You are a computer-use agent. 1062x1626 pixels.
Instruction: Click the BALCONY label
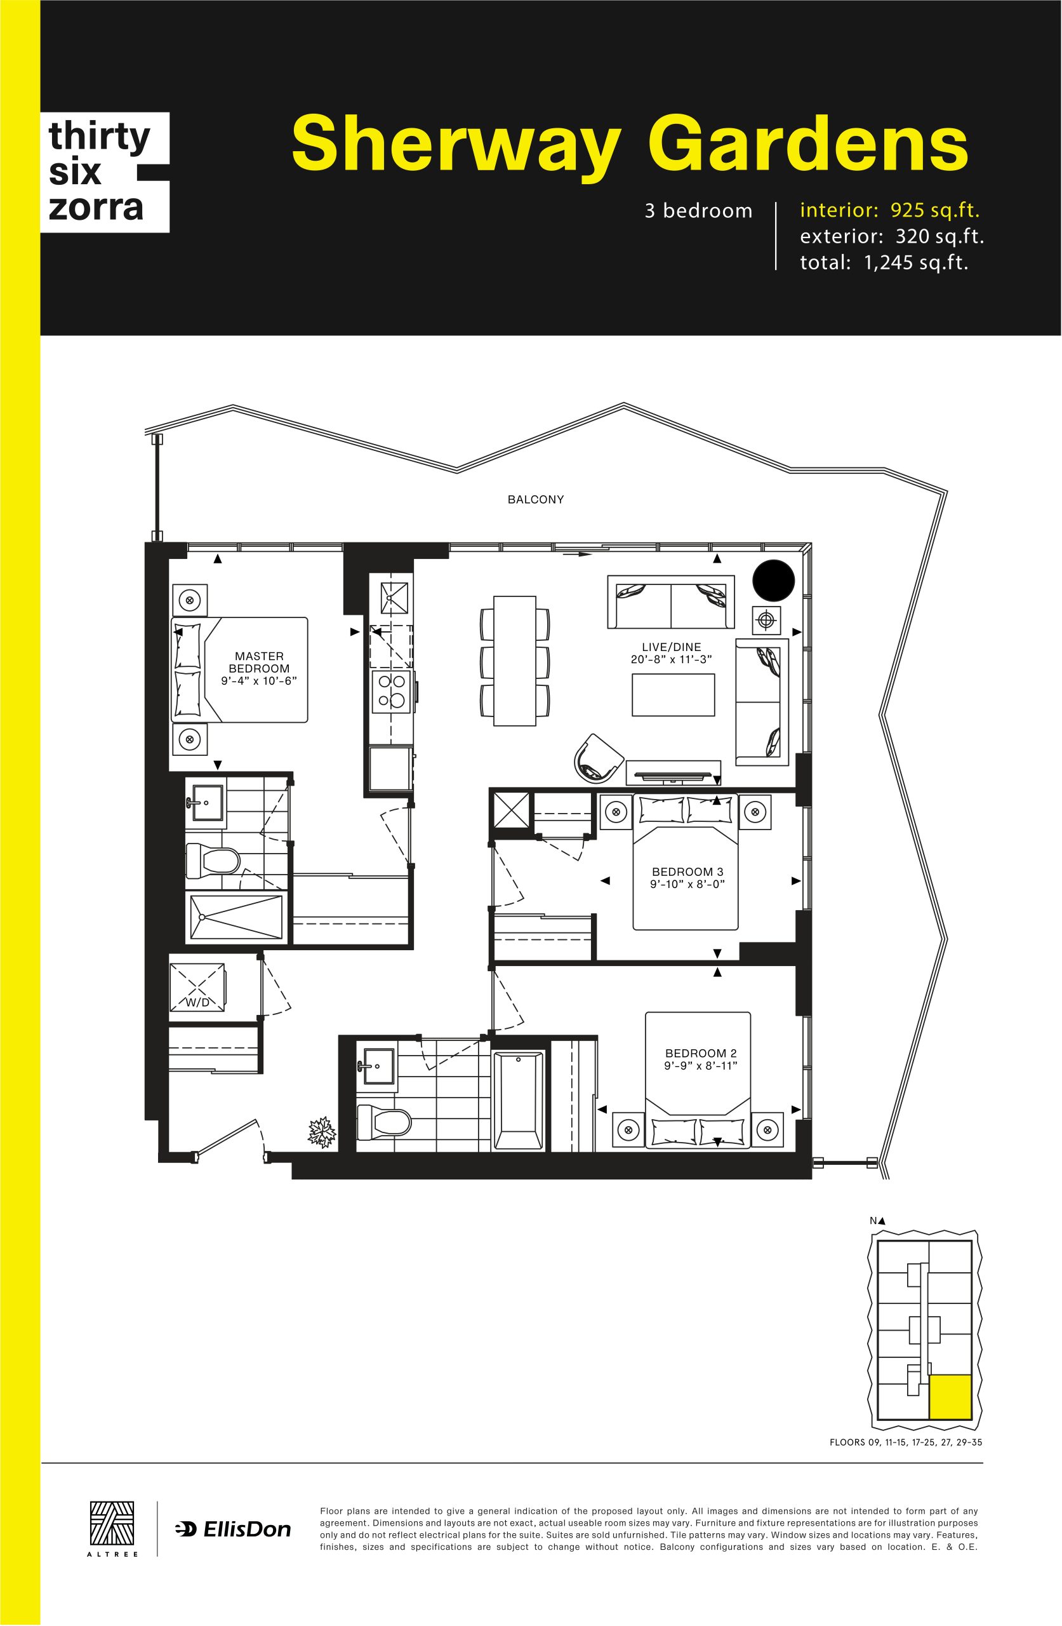tap(535, 499)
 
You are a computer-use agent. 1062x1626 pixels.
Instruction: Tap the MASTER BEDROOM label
tap(259, 662)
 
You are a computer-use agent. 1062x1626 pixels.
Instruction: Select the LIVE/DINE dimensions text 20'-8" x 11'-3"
tap(672, 659)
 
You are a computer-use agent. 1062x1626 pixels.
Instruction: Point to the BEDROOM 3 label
tap(687, 872)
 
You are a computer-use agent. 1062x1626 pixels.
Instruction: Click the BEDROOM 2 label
tap(701, 1054)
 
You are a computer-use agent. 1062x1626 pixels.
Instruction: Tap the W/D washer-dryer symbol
tap(197, 988)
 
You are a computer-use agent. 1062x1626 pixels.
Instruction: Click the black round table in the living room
tap(773, 581)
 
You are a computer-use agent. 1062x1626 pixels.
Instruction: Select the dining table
tap(515, 661)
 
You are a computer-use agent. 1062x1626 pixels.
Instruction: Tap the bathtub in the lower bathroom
tap(519, 1101)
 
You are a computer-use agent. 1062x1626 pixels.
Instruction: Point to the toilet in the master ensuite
tap(213, 860)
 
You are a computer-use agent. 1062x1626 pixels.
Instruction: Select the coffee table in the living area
tap(673, 695)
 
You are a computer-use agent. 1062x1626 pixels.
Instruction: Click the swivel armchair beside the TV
tap(597, 758)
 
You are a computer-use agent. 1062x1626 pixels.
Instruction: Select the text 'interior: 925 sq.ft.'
tap(889, 210)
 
